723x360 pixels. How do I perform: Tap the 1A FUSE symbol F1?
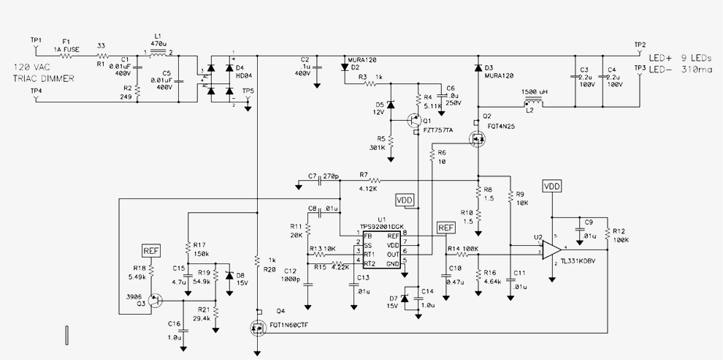tap(68, 56)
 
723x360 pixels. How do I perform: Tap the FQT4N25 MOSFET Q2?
tap(478, 137)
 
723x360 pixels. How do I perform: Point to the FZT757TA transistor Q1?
tap(414, 120)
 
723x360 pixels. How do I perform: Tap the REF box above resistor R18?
tap(150, 251)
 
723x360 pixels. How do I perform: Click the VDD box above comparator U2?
tap(552, 187)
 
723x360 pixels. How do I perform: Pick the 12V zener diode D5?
tap(390, 106)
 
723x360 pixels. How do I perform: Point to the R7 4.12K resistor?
tap(375, 180)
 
